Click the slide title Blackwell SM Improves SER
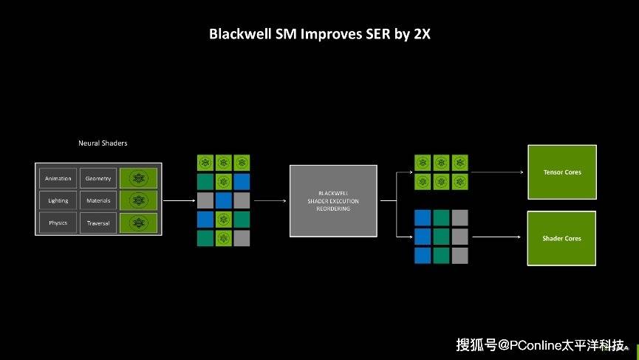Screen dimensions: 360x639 tap(319, 34)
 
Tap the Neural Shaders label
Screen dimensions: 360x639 tap(103, 143)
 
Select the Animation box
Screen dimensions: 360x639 tap(58, 178)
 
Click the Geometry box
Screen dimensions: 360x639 tap(98, 178)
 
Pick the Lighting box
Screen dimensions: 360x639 tap(58, 200)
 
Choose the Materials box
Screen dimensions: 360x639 tap(98, 200)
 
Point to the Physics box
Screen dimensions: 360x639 tap(58, 223)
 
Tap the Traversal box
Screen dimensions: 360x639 tap(98, 223)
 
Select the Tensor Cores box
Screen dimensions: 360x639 tap(561, 172)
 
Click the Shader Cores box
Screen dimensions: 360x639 tap(561, 238)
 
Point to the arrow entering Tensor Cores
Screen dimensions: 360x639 tap(498, 172)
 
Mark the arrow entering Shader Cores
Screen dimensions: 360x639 tap(498, 237)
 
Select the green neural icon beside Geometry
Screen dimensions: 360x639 tap(139, 178)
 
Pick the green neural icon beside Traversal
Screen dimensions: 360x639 tap(139, 223)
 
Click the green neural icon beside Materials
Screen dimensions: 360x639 tap(139, 200)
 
